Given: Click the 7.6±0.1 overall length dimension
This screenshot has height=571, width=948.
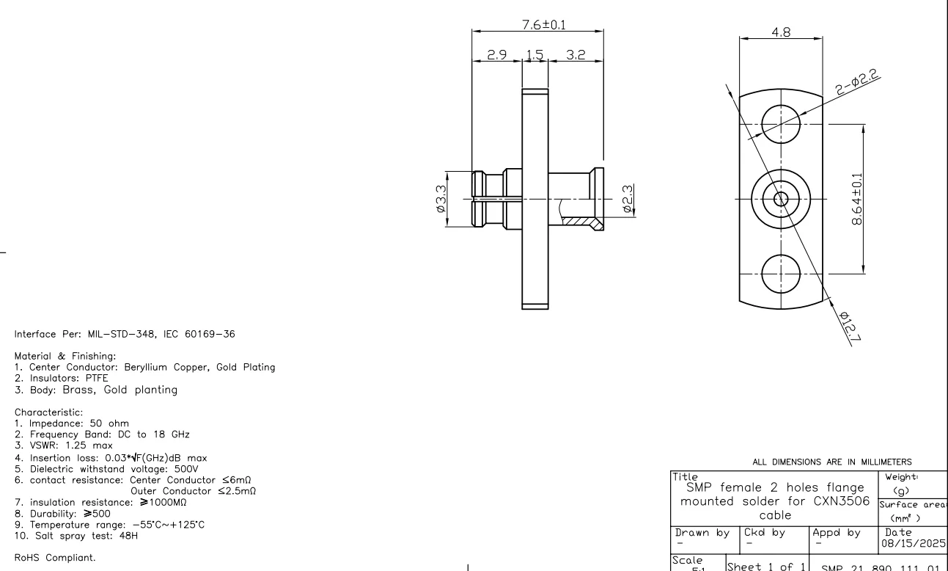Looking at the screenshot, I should (543, 23).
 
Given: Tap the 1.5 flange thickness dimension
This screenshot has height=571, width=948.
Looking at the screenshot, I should (534, 54).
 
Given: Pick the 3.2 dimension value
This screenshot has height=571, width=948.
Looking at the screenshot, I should (575, 54).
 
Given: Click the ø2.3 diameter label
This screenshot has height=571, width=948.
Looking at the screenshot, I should (628, 199).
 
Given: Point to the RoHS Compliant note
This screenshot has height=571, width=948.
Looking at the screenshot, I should (48, 559).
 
